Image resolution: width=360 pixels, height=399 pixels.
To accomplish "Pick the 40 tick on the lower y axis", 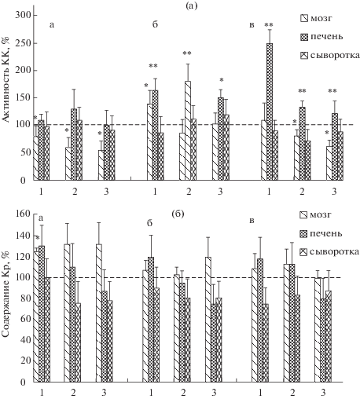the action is (x=26, y=340).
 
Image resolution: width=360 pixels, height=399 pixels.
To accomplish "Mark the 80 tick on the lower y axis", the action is (x=26, y=298).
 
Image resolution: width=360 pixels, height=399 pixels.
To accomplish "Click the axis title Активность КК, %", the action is (x=6, y=79).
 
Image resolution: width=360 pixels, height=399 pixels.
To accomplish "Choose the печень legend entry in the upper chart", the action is (x=321, y=37).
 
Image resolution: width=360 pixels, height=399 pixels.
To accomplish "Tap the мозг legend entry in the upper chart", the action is (x=317, y=18).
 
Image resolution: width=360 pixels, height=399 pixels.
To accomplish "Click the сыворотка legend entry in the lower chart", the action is (x=329, y=252).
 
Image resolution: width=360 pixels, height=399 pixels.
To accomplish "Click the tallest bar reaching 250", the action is (x=270, y=112).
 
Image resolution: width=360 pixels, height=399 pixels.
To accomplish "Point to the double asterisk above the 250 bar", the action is (x=269, y=25).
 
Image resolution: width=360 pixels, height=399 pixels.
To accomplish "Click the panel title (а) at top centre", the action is (x=191, y=5).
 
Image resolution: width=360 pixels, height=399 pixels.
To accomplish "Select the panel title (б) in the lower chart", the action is (x=178, y=214).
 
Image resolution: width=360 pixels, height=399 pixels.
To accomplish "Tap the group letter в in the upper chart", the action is (x=252, y=25).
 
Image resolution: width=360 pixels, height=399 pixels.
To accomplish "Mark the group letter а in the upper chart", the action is (x=52, y=25).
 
